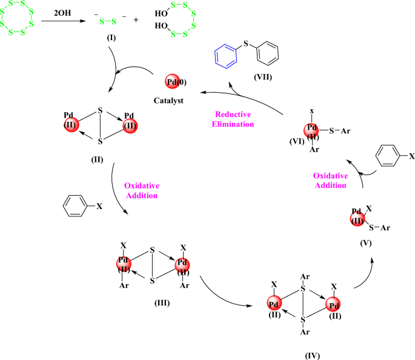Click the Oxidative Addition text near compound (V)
click(330, 181)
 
